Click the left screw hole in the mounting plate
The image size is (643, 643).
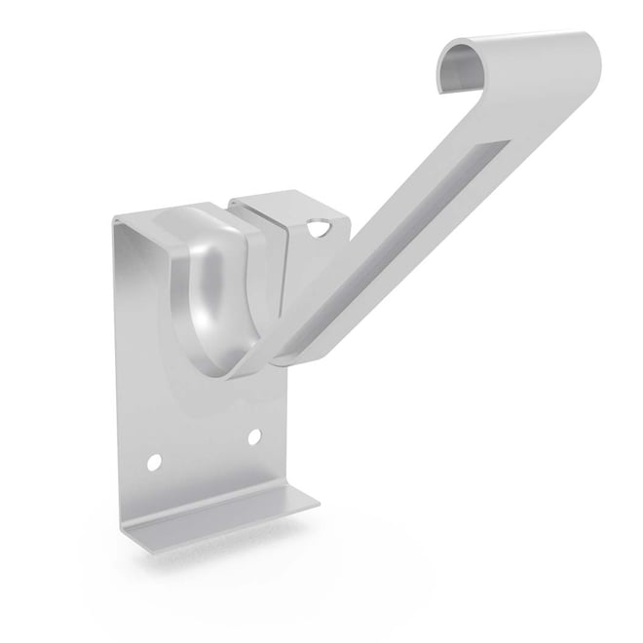coord(153,456)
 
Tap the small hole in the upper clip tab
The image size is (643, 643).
coord(319,231)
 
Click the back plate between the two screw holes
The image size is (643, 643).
coord(204,447)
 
